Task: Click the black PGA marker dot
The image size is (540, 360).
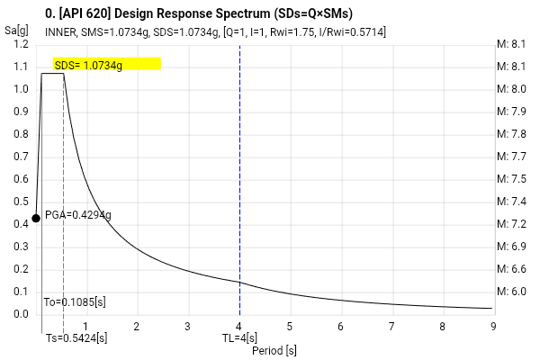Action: click(36, 218)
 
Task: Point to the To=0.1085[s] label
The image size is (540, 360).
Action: click(75, 302)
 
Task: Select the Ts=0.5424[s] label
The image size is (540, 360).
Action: click(76, 338)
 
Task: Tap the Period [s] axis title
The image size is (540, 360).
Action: click(274, 350)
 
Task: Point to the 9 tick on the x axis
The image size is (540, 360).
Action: click(493, 326)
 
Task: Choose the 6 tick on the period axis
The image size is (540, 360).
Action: click(340, 326)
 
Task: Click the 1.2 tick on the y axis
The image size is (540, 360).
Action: click(22, 44)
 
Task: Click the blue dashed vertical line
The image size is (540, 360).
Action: click(239, 180)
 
